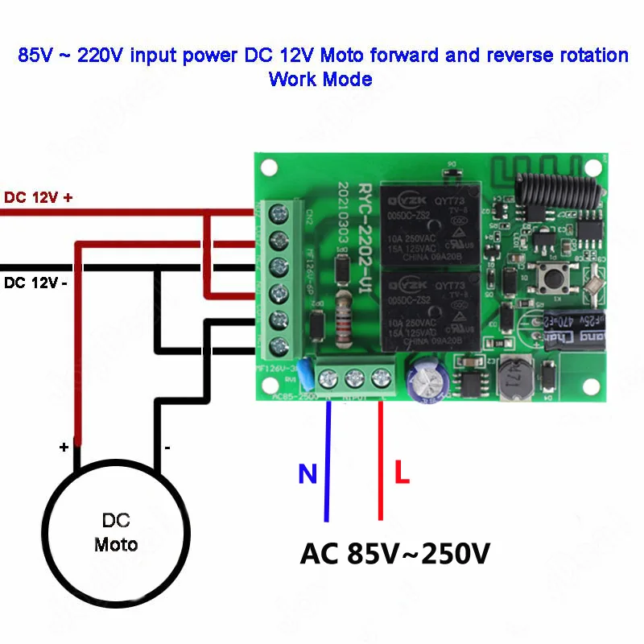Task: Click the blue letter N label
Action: point(308,474)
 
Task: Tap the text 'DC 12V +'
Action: point(38,197)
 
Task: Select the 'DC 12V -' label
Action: point(35,283)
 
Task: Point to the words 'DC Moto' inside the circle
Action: point(116,532)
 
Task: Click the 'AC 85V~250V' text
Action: point(394,554)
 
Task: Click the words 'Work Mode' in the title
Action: point(320,79)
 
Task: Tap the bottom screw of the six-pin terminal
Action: point(279,346)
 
